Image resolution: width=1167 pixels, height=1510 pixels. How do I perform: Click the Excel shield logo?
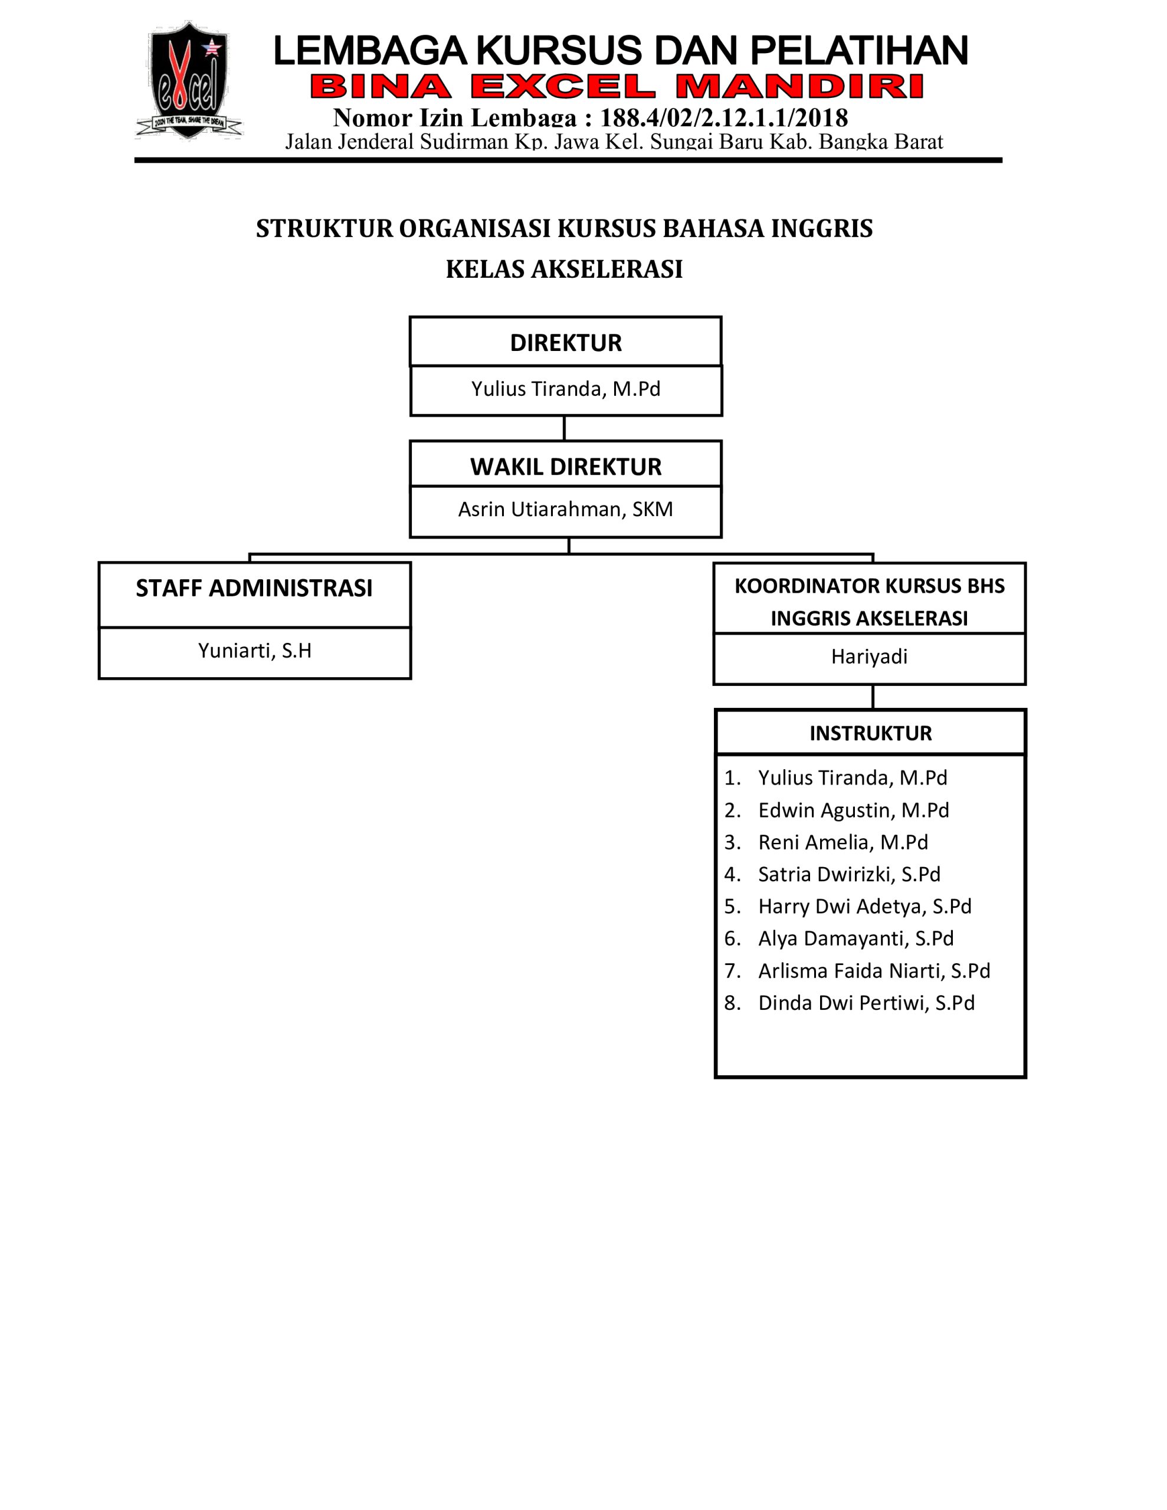[x=188, y=80]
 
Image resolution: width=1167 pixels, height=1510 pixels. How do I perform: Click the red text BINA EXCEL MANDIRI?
[x=617, y=87]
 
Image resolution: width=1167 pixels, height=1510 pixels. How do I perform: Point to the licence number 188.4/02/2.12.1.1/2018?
[x=723, y=117]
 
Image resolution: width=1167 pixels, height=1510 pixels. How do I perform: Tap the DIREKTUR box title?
[x=566, y=343]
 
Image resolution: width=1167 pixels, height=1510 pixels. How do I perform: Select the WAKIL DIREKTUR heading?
[x=566, y=467]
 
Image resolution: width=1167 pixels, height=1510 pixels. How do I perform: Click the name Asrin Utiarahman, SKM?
[x=565, y=510]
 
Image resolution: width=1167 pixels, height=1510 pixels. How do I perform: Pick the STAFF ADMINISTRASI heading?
[x=254, y=589]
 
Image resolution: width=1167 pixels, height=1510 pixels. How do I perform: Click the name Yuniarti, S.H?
[x=254, y=651]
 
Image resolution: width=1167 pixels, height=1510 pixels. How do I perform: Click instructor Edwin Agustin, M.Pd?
[x=853, y=810]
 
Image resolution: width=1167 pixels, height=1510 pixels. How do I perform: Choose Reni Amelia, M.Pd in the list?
[x=843, y=842]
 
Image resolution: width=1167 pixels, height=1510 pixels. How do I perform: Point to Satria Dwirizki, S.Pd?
[x=849, y=874]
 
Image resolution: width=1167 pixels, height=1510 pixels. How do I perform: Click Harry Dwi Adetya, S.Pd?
[x=865, y=907]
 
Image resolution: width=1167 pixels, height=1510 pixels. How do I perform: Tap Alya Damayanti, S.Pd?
[x=855, y=938]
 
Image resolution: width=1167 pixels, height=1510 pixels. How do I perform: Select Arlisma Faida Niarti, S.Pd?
[x=874, y=971]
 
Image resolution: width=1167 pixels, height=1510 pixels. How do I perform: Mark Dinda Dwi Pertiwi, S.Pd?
[x=866, y=1003]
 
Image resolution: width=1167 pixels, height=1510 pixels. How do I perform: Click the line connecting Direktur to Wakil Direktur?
[x=565, y=428]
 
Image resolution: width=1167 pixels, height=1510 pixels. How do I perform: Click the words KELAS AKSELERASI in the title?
[x=564, y=269]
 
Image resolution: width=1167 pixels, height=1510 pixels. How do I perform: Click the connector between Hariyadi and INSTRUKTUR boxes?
[x=873, y=697]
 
